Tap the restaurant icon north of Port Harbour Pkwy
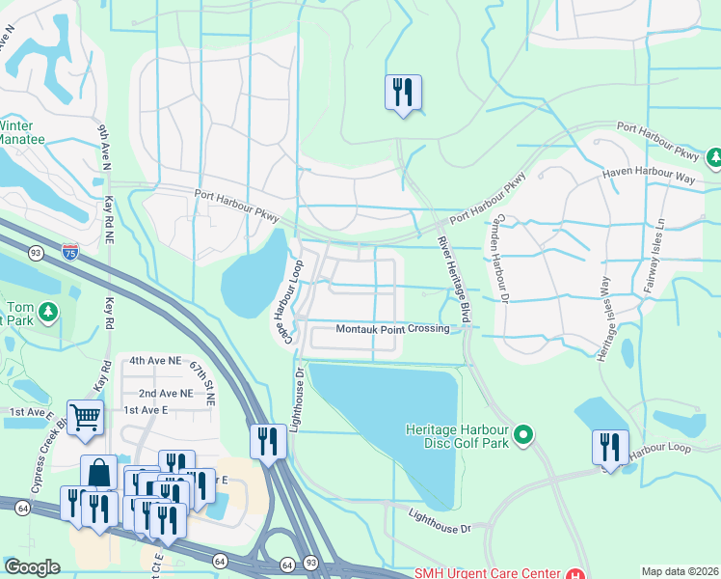[x=403, y=93]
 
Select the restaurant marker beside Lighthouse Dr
[x=267, y=442]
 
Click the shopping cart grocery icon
[x=85, y=417]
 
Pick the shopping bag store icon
[x=98, y=472]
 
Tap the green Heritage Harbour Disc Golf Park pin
[x=523, y=435]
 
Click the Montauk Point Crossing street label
[x=392, y=329]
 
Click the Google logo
[x=32, y=567]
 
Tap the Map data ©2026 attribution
[x=679, y=571]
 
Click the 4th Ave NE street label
[x=155, y=360]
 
